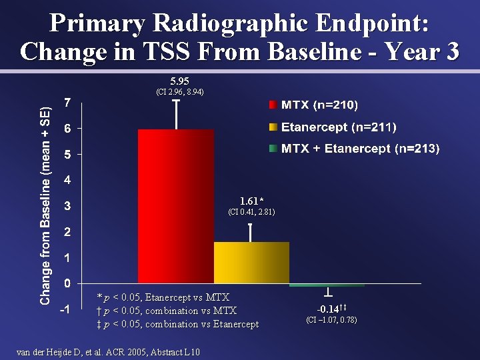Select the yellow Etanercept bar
click(x=251, y=263)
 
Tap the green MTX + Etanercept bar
click(x=327, y=285)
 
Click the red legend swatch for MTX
click(x=273, y=105)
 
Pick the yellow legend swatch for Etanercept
click(x=273, y=127)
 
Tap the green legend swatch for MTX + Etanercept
click(x=273, y=149)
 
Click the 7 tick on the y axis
click(x=67, y=103)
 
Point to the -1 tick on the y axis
click(x=65, y=310)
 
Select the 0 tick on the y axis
click(x=67, y=284)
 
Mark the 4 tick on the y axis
click(x=67, y=180)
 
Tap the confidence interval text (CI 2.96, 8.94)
click(x=176, y=92)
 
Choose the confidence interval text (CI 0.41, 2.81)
click(x=251, y=212)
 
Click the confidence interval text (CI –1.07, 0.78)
click(x=331, y=320)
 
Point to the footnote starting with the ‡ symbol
click(x=177, y=324)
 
